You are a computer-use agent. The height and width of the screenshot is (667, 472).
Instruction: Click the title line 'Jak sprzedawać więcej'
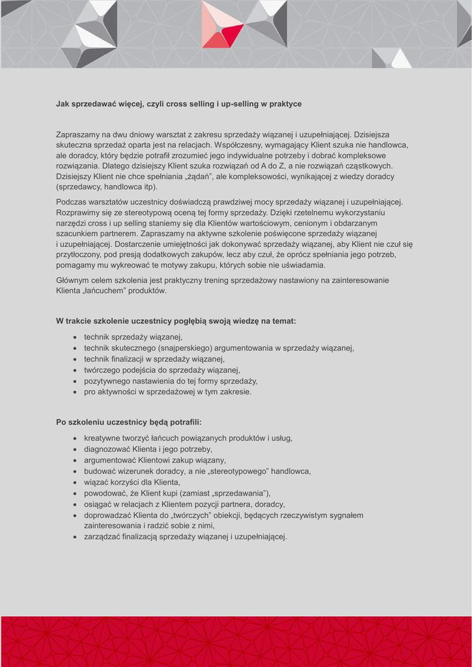click(x=178, y=104)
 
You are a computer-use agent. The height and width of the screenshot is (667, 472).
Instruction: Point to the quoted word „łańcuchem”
click(x=105, y=291)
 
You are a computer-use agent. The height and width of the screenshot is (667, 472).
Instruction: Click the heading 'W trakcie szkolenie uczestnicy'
click(x=176, y=320)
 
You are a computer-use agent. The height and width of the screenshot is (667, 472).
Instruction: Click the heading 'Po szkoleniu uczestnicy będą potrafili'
click(x=129, y=422)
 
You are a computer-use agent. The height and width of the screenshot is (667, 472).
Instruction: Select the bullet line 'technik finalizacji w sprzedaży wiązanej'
click(x=154, y=359)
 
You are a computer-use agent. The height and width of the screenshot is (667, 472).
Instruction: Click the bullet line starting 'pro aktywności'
click(x=167, y=391)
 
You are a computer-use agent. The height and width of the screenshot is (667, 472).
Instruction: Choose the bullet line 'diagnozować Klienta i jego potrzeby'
click(x=148, y=449)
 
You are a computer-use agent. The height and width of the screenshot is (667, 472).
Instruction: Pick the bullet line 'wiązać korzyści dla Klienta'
click(x=132, y=482)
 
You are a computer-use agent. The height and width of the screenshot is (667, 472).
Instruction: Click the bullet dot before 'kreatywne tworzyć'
click(x=76, y=438)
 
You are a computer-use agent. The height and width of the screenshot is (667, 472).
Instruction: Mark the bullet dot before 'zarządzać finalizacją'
click(x=76, y=537)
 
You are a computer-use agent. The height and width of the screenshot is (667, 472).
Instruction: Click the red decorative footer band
click(x=236, y=641)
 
